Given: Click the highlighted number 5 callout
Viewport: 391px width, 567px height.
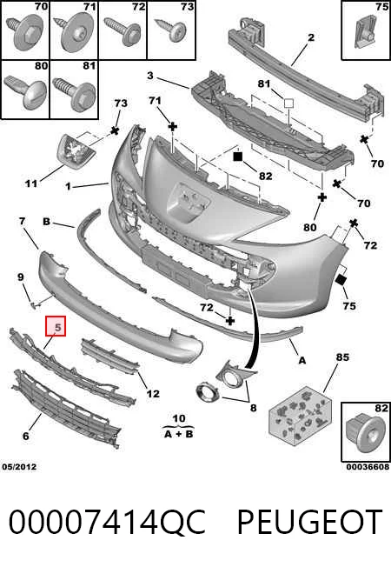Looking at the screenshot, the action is [56, 326].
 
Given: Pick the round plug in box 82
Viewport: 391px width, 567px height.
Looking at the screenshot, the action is [364, 434].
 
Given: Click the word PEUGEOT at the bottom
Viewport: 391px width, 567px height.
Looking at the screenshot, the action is [309, 522].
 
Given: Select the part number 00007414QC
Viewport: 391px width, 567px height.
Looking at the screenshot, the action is [107, 522].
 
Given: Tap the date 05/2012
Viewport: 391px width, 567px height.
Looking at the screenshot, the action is [19, 467].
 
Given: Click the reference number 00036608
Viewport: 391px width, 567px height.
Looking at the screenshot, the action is [368, 467].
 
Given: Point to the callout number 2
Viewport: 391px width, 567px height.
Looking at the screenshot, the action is [311, 37].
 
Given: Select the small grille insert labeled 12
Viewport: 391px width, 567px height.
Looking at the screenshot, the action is [109, 357].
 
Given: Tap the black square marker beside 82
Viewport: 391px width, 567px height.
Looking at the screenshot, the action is [237, 157].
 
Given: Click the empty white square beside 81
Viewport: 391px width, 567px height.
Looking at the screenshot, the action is [288, 103].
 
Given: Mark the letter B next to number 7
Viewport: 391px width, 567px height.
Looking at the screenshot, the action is [46, 221].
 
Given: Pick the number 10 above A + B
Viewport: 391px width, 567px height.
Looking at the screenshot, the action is [179, 418].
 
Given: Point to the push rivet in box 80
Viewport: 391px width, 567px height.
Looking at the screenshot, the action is [26, 92].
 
